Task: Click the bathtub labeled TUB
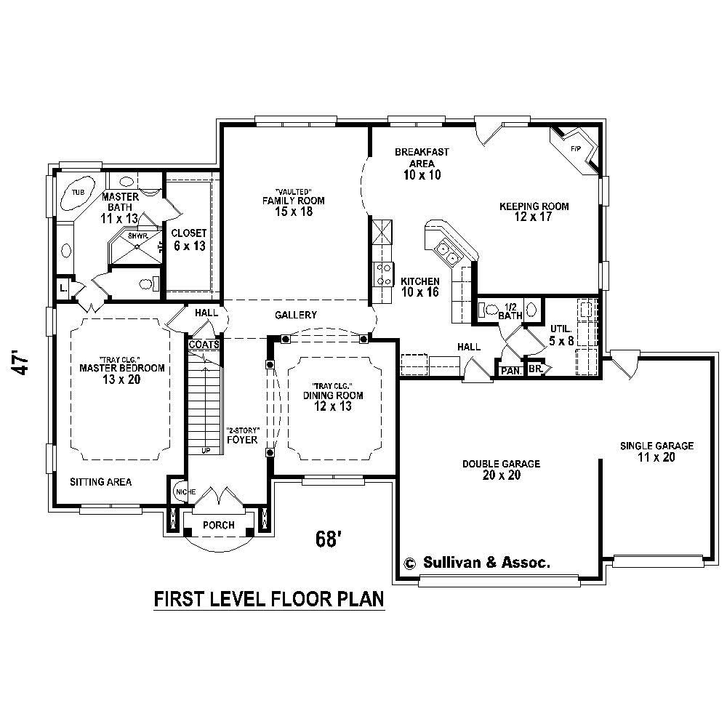pyautogui.click(x=78, y=193)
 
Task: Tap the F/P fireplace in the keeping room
pyautogui.click(x=576, y=150)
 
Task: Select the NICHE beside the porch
pyautogui.click(x=181, y=493)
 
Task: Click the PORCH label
pyautogui.click(x=218, y=525)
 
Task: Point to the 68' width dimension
pyautogui.click(x=329, y=539)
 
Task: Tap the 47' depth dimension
pyautogui.click(x=24, y=363)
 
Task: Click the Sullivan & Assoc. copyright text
pyautogui.click(x=477, y=562)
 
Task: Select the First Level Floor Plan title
pyautogui.click(x=269, y=600)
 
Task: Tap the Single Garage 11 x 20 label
pyautogui.click(x=656, y=451)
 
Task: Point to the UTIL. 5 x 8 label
pyautogui.click(x=561, y=334)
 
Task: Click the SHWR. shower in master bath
pyautogui.click(x=137, y=237)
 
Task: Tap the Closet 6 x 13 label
pyautogui.click(x=188, y=239)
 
